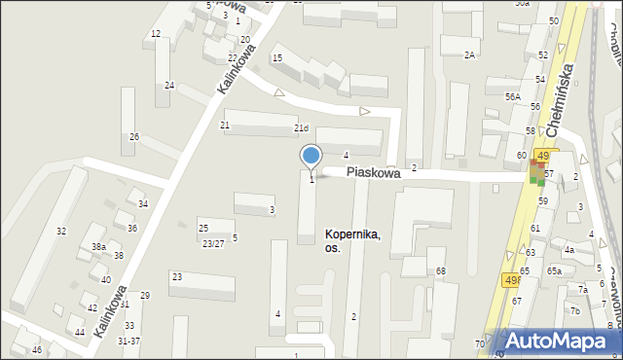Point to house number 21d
point(302,128)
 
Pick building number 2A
point(469,54)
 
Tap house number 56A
point(512,97)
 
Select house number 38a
point(98,247)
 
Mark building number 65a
point(554,270)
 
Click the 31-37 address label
point(128,341)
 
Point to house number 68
point(440,270)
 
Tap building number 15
point(277,58)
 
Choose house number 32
point(61,231)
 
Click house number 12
point(156,34)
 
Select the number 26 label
point(134,136)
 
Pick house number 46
point(37,349)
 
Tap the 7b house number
point(575,310)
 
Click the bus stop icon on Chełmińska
point(538,174)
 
